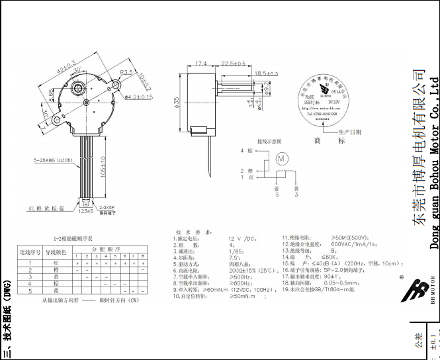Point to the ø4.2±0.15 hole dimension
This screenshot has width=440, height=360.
pos(138,97)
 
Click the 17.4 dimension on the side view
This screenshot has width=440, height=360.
pos(201,64)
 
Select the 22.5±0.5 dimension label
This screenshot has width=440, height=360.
pos(233,64)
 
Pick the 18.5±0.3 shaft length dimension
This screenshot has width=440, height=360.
pos(265,73)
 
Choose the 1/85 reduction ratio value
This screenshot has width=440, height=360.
pos(237,270)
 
